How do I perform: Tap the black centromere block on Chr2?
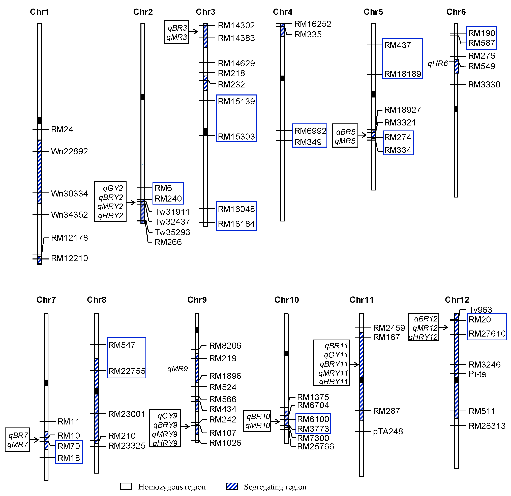[x=143, y=97]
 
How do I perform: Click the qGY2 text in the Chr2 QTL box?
[x=113, y=188]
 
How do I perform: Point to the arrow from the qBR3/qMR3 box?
[x=193, y=32]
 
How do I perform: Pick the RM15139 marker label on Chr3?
[x=236, y=101]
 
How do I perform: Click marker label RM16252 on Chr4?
[x=312, y=24]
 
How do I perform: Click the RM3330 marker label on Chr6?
[x=484, y=84]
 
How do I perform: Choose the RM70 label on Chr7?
[x=69, y=446]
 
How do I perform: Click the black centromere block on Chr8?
[x=97, y=391]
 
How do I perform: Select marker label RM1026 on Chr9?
[x=225, y=443]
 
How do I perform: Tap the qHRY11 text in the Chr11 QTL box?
[x=334, y=382]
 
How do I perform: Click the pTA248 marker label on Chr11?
[x=388, y=431]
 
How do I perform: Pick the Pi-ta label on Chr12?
[x=477, y=374]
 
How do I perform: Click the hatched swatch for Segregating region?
[x=231, y=486]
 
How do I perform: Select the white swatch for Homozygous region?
[x=126, y=486]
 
